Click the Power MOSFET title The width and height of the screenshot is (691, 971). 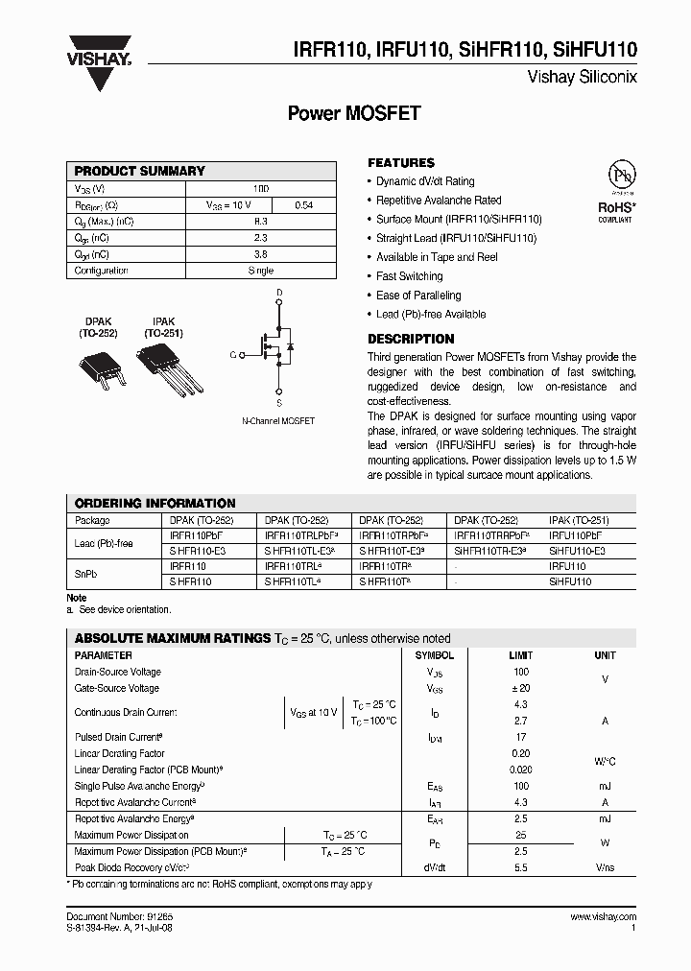(x=354, y=113)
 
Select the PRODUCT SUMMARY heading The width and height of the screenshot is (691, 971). (x=140, y=171)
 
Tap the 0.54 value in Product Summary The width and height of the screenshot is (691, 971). (x=303, y=205)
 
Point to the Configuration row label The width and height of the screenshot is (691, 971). (x=102, y=271)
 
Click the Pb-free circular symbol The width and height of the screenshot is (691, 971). (x=623, y=177)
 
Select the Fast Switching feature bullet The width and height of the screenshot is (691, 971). (x=409, y=276)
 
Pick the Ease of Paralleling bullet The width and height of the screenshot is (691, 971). (x=417, y=296)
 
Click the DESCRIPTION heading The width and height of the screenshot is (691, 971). (x=411, y=339)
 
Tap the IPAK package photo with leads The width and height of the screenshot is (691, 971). (x=169, y=368)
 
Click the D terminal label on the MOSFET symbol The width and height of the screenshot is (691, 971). (x=279, y=292)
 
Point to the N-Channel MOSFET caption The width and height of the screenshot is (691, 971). (x=277, y=421)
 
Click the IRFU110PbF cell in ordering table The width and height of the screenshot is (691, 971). (x=575, y=535)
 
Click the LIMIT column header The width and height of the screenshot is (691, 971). (x=520, y=655)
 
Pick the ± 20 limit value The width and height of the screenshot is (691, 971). (x=520, y=688)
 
